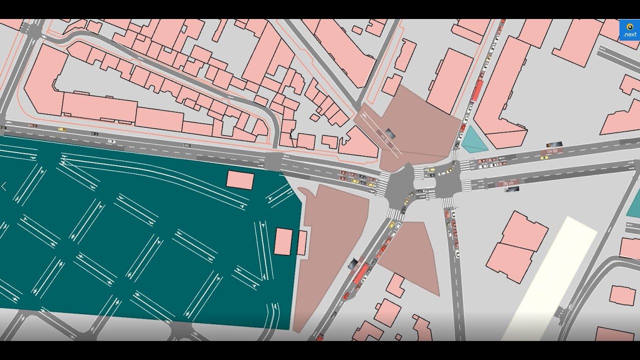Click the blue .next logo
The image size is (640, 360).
click(x=629, y=29)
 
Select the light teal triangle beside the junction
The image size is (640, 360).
click(x=472, y=140)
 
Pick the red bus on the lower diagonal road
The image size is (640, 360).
click(x=361, y=274)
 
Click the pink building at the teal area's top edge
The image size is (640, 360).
click(x=240, y=180)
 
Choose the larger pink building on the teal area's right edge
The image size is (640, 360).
click(x=283, y=241)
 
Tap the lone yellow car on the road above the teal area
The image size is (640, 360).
click(x=61, y=129)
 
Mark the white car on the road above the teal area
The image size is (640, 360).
click(x=111, y=141)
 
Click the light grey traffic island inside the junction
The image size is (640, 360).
click(x=424, y=180)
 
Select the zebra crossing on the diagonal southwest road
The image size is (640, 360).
click(x=394, y=214)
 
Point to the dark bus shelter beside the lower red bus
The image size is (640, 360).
click(x=353, y=263)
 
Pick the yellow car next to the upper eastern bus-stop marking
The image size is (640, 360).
click(x=544, y=157)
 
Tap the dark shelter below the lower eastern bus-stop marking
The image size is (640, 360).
click(x=510, y=189)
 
